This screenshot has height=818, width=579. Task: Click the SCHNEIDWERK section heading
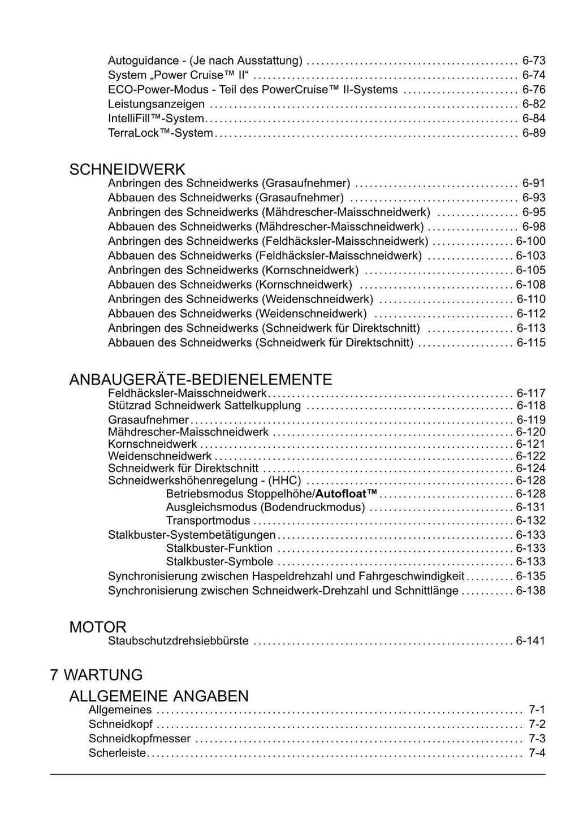(x=127, y=169)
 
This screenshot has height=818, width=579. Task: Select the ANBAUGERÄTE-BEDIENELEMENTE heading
(x=200, y=379)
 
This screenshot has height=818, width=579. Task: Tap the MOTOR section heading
(x=98, y=627)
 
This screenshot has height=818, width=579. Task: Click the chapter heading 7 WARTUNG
(x=96, y=674)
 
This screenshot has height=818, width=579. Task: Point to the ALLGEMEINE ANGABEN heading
(x=158, y=696)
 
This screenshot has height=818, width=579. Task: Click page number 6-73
(x=534, y=60)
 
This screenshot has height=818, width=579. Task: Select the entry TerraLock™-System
(x=161, y=133)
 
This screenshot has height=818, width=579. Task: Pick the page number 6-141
(x=530, y=641)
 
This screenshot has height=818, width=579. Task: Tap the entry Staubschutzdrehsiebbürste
(x=178, y=641)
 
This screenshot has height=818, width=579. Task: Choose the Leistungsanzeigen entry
(x=156, y=104)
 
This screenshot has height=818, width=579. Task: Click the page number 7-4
(x=537, y=753)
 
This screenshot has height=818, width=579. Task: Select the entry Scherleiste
(x=117, y=753)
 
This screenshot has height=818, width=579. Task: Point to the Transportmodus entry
(x=208, y=521)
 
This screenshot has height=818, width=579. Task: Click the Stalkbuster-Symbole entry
(x=219, y=562)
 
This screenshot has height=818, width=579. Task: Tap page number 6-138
(x=530, y=591)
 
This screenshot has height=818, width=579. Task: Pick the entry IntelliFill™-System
(x=155, y=119)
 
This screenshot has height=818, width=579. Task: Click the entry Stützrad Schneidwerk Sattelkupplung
(x=204, y=405)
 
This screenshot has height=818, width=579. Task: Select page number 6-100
(x=530, y=241)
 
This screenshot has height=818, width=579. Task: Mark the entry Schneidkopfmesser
(x=140, y=739)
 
